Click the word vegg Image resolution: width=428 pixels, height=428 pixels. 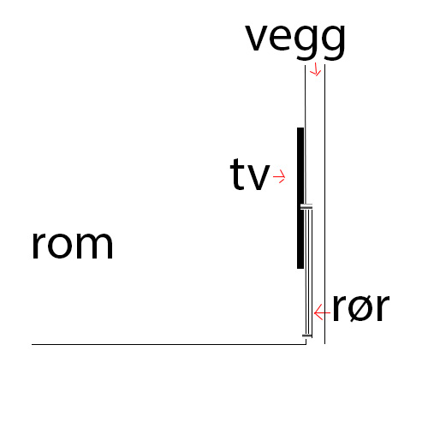[x=295, y=41]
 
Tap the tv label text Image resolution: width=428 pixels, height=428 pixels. [x=250, y=174]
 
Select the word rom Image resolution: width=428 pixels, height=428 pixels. [x=73, y=245]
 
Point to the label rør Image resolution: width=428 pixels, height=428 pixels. [x=361, y=307]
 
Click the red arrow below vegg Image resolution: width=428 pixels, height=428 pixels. [x=316, y=69]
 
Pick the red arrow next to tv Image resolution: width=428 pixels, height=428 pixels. [x=279, y=176]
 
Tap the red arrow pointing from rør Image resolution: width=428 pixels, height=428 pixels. [x=322, y=312]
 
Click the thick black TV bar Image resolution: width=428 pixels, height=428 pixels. [x=300, y=198]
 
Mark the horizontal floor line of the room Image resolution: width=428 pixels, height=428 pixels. [x=169, y=344]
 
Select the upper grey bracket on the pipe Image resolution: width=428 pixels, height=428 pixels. [x=306, y=206]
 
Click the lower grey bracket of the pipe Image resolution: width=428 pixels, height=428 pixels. [x=307, y=336]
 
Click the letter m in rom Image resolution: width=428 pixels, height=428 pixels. [x=94, y=245]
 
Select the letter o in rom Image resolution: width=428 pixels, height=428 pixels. [x=61, y=246]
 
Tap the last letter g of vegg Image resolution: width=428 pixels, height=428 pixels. [x=334, y=42]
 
